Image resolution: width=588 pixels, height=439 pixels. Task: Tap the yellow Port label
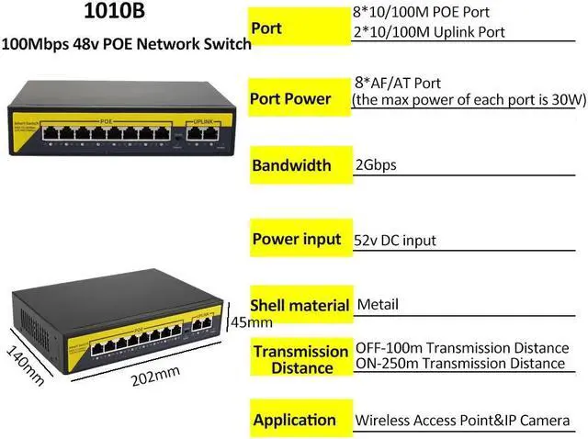point(266,28)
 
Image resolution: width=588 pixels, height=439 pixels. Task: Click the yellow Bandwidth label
point(291,166)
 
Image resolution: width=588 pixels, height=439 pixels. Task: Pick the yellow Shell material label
point(300,305)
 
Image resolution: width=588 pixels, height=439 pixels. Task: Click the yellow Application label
point(294,420)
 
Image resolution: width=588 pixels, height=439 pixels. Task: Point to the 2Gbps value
point(375,167)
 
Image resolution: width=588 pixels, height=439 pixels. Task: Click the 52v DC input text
point(395,241)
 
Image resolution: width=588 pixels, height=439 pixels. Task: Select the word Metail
point(378,305)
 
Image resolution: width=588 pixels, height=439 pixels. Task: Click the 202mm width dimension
point(153,377)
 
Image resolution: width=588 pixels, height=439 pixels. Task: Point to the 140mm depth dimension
point(25,364)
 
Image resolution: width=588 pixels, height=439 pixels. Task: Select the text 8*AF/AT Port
point(393,82)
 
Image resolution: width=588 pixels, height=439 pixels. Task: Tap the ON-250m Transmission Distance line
point(460,364)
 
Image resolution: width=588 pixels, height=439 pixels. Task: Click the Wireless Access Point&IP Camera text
point(463,421)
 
